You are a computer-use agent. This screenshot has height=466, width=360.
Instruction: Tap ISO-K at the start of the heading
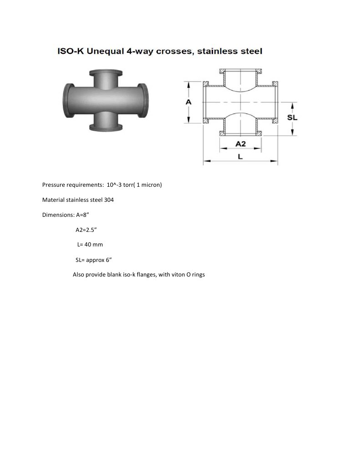coord(70,51)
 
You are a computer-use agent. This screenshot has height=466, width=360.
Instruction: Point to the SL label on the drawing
coord(292,117)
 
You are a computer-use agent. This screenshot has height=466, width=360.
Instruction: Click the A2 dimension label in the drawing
coord(240,144)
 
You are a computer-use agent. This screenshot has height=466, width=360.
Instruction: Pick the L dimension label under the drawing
coord(240,156)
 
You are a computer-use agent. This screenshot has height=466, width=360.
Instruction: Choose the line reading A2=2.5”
coord(86,230)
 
